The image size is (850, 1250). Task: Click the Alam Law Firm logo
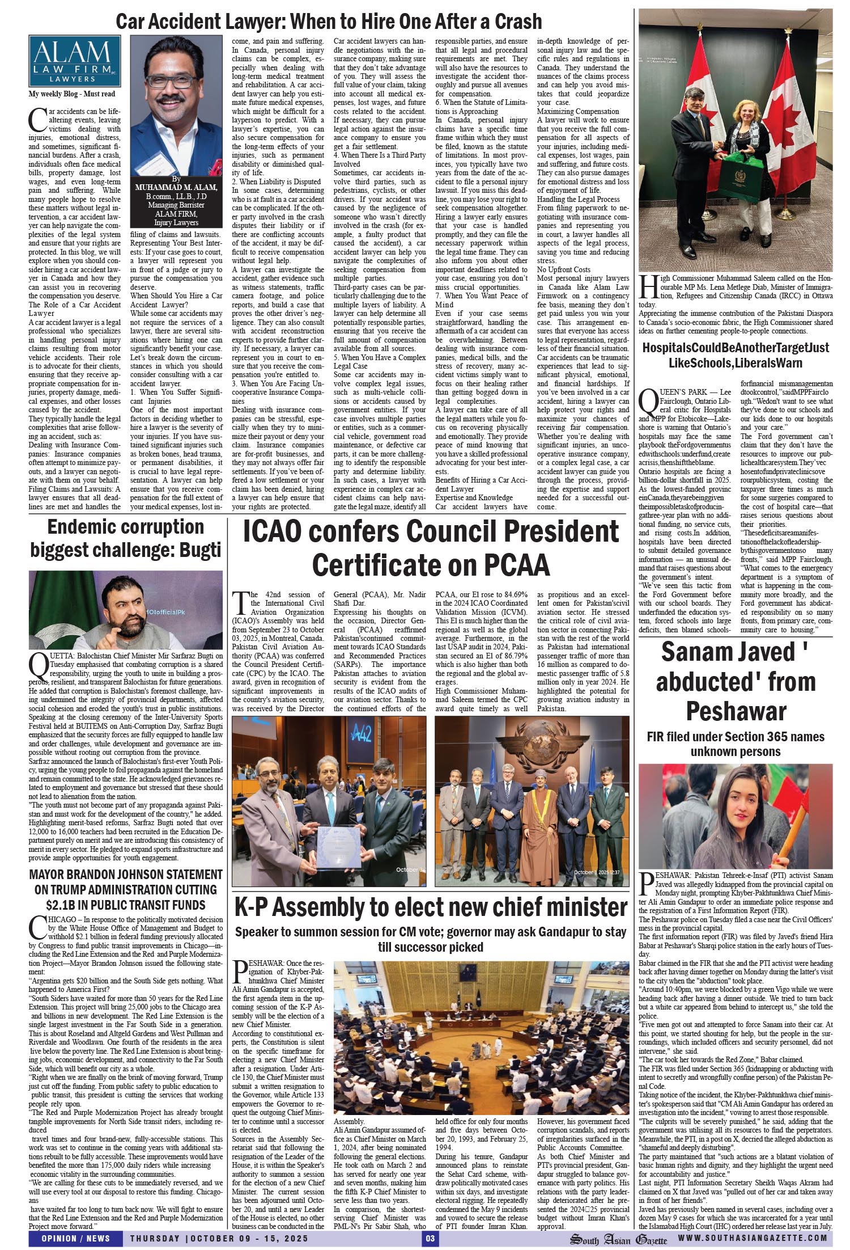click(x=74, y=61)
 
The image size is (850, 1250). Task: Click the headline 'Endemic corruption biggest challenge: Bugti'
click(x=126, y=538)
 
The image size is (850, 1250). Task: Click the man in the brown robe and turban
click(x=533, y=817)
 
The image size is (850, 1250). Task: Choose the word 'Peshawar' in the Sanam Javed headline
click(x=736, y=711)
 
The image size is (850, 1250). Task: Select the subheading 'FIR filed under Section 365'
click(x=736, y=744)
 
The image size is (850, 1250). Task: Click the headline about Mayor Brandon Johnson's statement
click(x=126, y=889)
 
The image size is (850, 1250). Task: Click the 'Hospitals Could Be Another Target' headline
click(x=736, y=355)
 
